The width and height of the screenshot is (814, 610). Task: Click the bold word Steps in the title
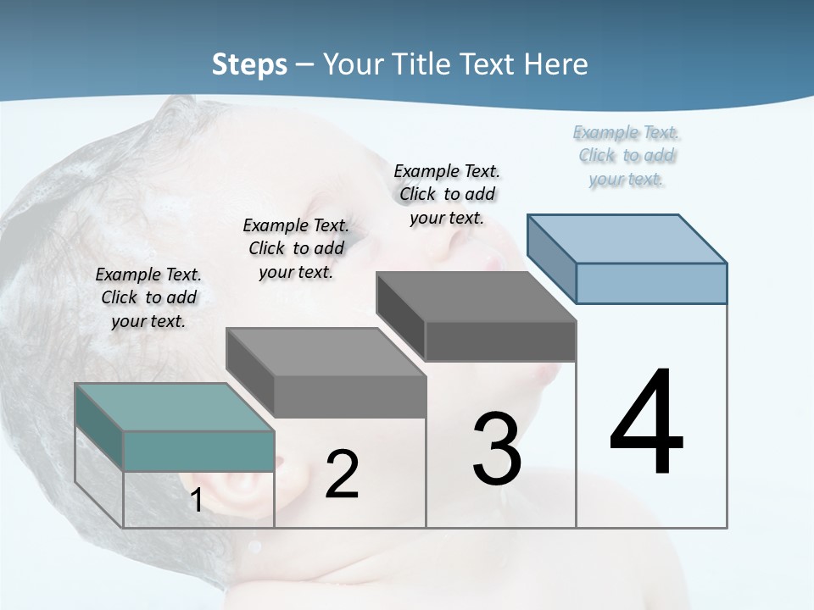(x=249, y=64)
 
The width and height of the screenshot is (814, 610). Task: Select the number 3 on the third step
(x=497, y=449)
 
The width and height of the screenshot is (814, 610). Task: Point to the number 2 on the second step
(x=342, y=474)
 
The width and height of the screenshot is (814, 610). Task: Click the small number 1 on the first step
(x=196, y=500)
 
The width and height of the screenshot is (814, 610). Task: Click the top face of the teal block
(x=174, y=407)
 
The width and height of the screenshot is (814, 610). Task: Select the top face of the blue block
(x=627, y=238)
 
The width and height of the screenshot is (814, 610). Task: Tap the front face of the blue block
(x=651, y=283)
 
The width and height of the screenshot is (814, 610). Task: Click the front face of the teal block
(x=198, y=451)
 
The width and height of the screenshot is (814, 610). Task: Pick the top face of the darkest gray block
(x=476, y=297)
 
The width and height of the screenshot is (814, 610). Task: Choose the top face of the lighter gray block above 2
(x=326, y=352)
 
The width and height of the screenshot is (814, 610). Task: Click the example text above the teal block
(x=148, y=297)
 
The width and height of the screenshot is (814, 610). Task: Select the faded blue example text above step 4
(x=627, y=155)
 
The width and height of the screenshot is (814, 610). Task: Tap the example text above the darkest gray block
(x=447, y=194)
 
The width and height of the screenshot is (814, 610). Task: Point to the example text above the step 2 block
(x=296, y=248)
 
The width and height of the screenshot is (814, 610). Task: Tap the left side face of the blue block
(x=552, y=258)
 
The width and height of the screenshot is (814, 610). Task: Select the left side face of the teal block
(x=99, y=427)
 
